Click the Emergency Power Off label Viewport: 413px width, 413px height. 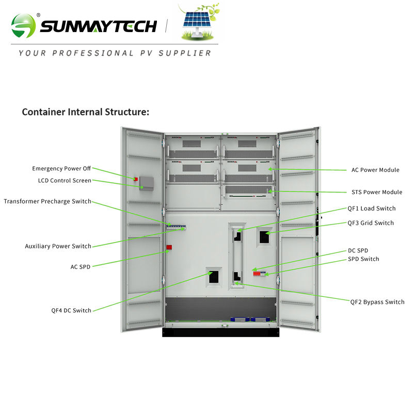point(61,168)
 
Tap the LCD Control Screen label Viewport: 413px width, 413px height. point(65,181)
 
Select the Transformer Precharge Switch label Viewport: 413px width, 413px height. point(47,201)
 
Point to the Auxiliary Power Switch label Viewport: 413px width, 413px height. point(58,246)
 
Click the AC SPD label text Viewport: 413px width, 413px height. point(81,267)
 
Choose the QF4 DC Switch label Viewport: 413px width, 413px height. point(71,310)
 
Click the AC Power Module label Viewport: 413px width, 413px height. point(375,170)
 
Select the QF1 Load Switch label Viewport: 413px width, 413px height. point(372,209)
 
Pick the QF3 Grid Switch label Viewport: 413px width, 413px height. point(371,223)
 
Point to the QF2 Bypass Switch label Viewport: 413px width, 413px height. point(377,302)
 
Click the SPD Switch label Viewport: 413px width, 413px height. point(363,259)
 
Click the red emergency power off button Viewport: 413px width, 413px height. point(136,179)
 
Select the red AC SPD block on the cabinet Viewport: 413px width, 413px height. point(169,248)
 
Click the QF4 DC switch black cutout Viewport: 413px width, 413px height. point(214,278)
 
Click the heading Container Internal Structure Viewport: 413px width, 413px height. point(85,112)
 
